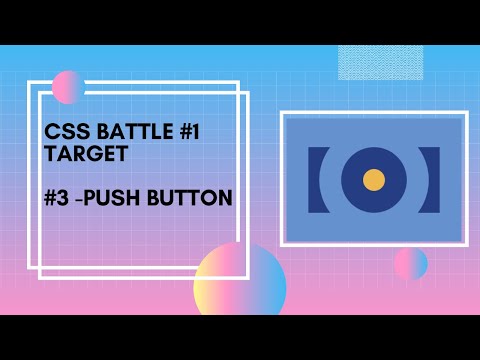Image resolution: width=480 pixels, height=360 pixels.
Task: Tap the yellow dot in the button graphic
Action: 374,180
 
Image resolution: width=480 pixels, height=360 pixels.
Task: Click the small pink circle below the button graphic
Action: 410,264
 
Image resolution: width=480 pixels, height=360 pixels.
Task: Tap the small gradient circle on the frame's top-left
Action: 68,87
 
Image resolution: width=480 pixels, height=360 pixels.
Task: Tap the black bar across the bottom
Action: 240,337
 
